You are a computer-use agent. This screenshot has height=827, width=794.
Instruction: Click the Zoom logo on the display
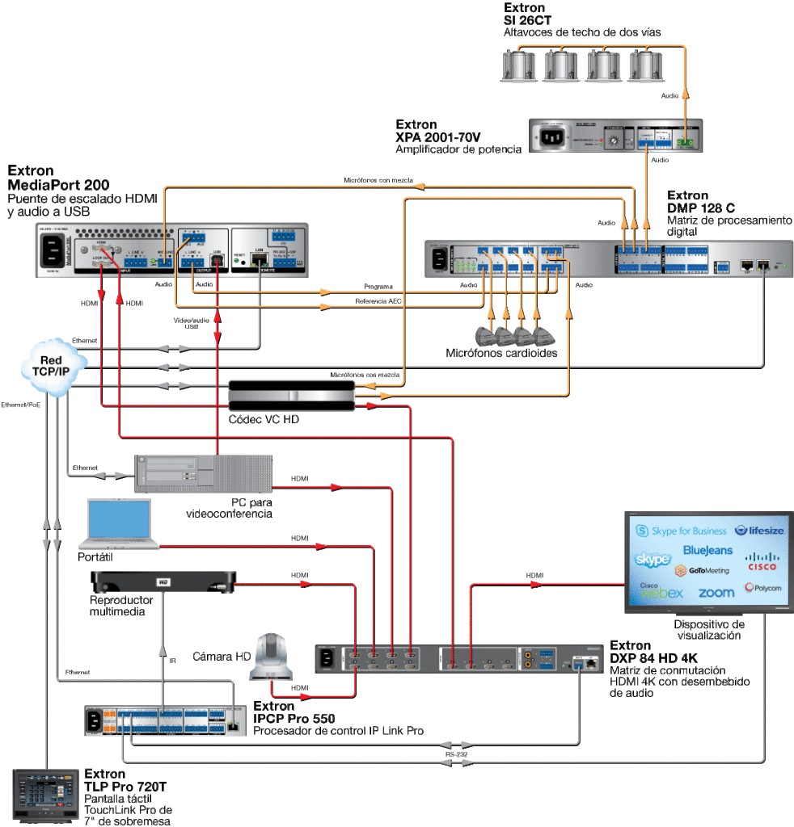716,593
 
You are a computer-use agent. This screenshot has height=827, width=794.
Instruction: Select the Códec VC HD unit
290,396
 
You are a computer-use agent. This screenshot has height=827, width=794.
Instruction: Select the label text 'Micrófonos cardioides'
501,353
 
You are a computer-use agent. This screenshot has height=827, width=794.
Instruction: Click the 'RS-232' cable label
455,754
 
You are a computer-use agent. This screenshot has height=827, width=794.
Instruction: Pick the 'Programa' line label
378,287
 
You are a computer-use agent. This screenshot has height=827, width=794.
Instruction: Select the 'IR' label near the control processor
172,661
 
